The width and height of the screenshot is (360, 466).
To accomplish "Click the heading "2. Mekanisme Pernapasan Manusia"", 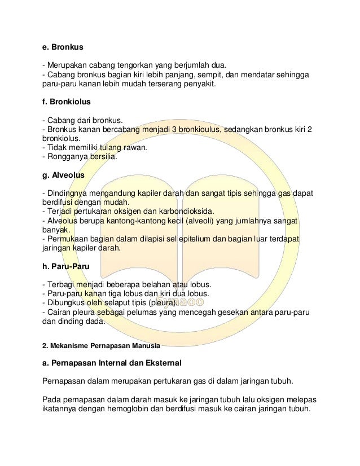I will coord(102,344).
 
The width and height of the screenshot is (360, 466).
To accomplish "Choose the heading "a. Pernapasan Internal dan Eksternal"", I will coord(120,364).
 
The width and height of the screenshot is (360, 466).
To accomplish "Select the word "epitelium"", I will coord(197,239).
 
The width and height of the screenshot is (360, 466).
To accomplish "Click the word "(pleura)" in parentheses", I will coord(160,302).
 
